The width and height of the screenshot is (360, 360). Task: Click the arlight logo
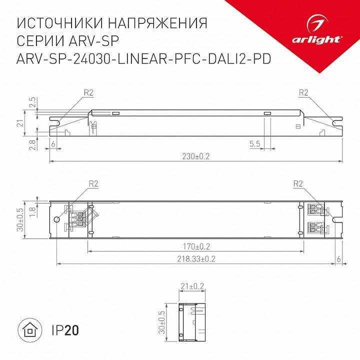[320, 30]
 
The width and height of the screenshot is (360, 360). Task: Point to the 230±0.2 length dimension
[195, 156]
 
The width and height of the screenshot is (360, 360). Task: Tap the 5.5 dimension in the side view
[254, 143]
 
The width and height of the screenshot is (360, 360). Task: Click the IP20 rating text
[64, 330]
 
